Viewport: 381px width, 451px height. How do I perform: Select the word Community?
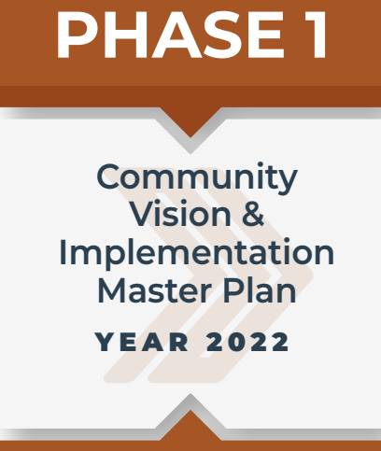(197, 177)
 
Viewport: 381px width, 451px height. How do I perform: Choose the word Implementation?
(196, 252)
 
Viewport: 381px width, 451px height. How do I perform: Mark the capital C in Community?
(110, 177)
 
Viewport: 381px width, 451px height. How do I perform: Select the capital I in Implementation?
(63, 252)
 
